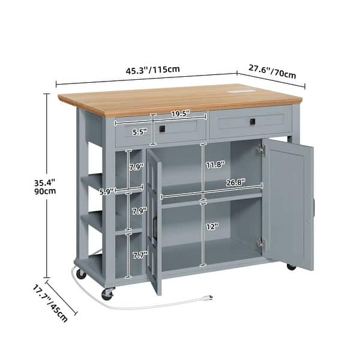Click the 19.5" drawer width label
(180, 113)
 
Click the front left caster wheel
(107, 294)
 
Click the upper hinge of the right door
(262, 150)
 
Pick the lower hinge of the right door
(262, 243)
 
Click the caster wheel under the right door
(292, 266)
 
